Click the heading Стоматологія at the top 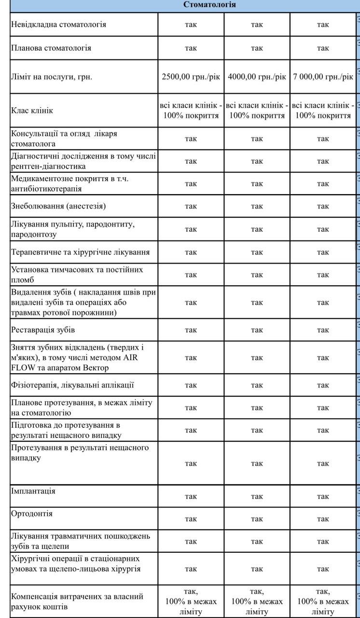click(x=209, y=5)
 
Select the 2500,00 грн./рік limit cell click(x=191, y=77)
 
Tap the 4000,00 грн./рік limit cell click(x=257, y=77)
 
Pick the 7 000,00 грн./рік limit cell click(x=323, y=77)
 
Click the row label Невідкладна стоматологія click(x=58, y=24)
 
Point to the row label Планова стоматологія click(x=51, y=48)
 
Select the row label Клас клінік click(x=32, y=111)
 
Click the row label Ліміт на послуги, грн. click(x=51, y=77)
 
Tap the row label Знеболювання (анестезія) click(x=58, y=206)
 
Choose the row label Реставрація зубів click(x=43, y=330)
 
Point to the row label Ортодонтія click(x=32, y=513)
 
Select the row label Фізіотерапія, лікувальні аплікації click(x=72, y=385)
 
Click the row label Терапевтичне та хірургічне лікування click(x=80, y=252)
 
